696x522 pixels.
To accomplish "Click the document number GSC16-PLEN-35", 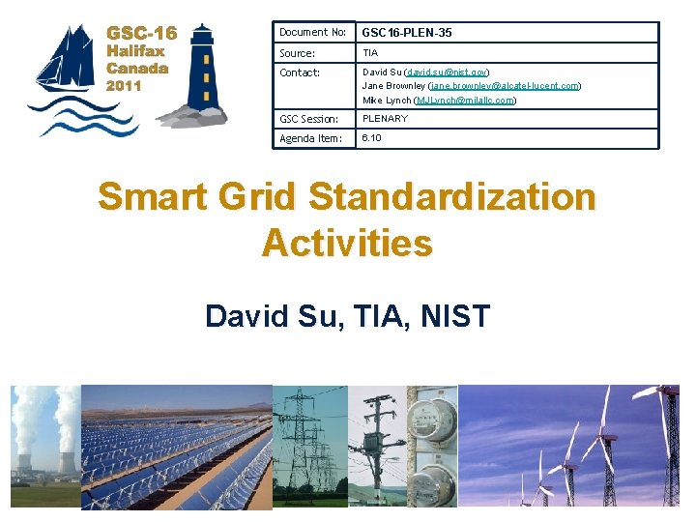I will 407,33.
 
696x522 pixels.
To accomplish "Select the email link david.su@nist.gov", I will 448,72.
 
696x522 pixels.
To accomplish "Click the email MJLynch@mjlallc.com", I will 464,100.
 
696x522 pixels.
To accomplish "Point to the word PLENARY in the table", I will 385,119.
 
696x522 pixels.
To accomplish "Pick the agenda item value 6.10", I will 371,138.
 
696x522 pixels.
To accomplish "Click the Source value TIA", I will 370,53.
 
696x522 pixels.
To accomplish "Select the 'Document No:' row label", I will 312,33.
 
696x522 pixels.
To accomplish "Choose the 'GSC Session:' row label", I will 308,119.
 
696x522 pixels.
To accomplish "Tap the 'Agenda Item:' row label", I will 310,138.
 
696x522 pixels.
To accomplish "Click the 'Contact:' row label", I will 299,72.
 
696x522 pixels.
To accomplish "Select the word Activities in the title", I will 347,243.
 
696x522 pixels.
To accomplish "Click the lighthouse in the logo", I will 203,72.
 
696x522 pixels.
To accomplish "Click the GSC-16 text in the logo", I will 141,33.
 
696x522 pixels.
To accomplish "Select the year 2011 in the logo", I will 125,85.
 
